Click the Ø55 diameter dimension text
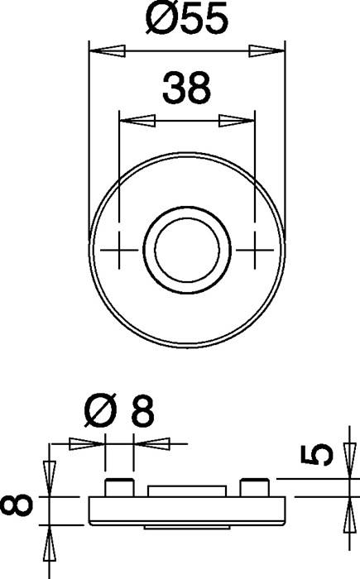point(186,19)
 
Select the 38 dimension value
point(185,89)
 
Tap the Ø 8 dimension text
point(120,410)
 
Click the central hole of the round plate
point(187,246)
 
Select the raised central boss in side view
point(187,490)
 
